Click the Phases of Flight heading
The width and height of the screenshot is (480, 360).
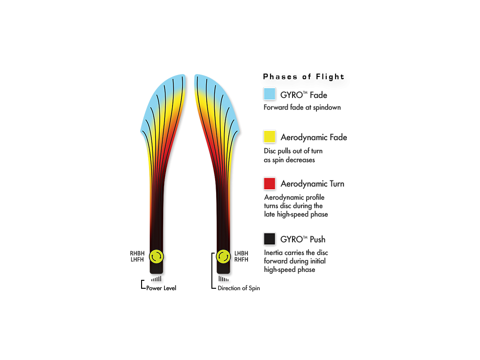click(303, 76)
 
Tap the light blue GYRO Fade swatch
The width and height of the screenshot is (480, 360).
click(270, 94)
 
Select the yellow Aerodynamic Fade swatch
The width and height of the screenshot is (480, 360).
click(270, 136)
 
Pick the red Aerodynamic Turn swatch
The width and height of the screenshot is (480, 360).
click(270, 184)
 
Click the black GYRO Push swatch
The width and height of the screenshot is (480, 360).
click(270, 239)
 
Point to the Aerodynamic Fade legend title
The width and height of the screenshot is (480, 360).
click(314, 137)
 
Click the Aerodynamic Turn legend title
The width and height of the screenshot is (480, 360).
click(312, 184)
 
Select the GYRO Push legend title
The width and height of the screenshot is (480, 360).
click(303, 240)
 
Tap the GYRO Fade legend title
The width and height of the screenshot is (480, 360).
click(304, 95)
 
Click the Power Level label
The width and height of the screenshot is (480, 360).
click(161, 288)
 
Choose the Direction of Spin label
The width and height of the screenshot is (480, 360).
click(239, 288)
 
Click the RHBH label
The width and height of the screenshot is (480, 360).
click(137, 254)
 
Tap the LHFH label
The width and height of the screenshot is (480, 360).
click(137, 260)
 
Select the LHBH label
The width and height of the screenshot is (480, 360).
click(241, 254)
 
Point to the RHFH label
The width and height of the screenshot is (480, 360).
click(241, 260)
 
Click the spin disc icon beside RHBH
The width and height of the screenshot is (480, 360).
click(157, 256)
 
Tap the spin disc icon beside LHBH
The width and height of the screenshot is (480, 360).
click(223, 256)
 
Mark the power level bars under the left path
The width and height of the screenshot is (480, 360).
click(157, 279)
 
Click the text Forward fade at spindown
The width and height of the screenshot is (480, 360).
click(302, 107)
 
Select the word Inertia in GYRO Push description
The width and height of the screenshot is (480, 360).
click(274, 253)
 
